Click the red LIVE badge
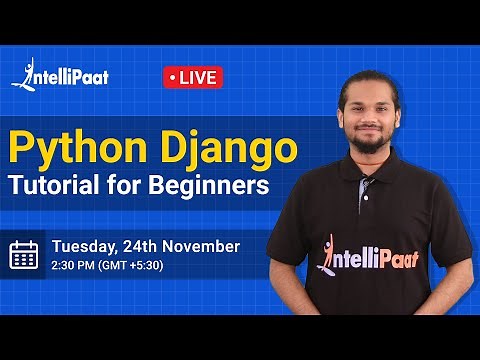point(192,77)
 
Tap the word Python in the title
point(71,149)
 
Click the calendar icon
point(24,255)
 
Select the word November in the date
point(203,245)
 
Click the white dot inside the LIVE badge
point(174,77)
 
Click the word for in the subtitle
point(134,186)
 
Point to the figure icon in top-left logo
point(19,75)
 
